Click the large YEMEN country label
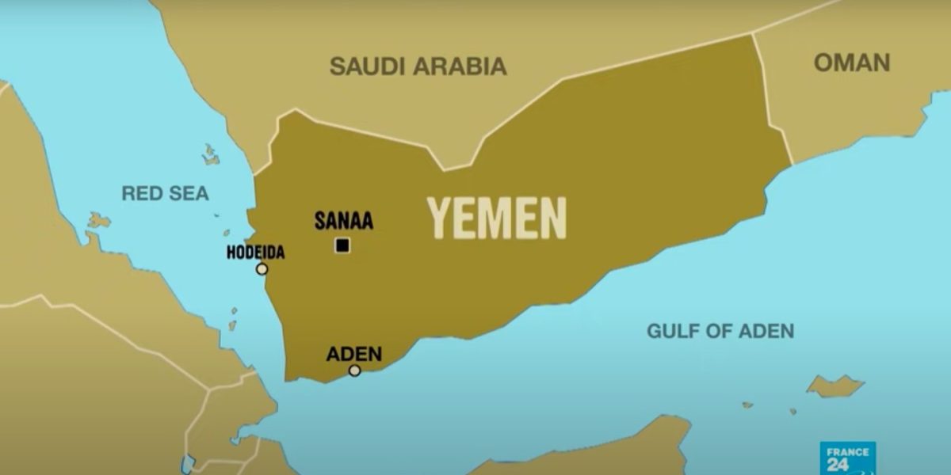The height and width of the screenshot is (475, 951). tap(498, 218)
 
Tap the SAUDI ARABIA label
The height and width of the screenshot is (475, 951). tap(418, 66)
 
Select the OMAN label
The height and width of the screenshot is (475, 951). tap(852, 63)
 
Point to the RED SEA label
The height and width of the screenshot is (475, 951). tap(165, 193)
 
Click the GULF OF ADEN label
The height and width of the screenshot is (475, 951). tap(720, 331)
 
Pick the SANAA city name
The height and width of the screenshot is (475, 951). tap(343, 221)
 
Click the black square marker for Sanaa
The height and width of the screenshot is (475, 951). tap(342, 245)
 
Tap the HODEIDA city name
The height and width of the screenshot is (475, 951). tap(255, 253)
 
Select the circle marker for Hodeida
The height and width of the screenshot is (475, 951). tap(262, 269)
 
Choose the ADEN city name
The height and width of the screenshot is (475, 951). tap(353, 354)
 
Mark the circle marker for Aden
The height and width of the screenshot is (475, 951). tap(354, 370)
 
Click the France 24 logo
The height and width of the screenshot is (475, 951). tap(847, 458)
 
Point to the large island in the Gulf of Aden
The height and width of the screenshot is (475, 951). tap(835, 386)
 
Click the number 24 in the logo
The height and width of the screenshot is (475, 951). tap(838, 464)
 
